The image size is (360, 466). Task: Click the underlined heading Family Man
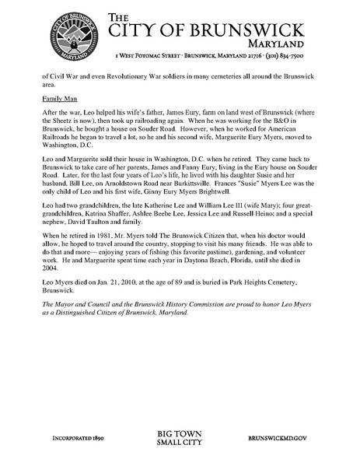point(59,100)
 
